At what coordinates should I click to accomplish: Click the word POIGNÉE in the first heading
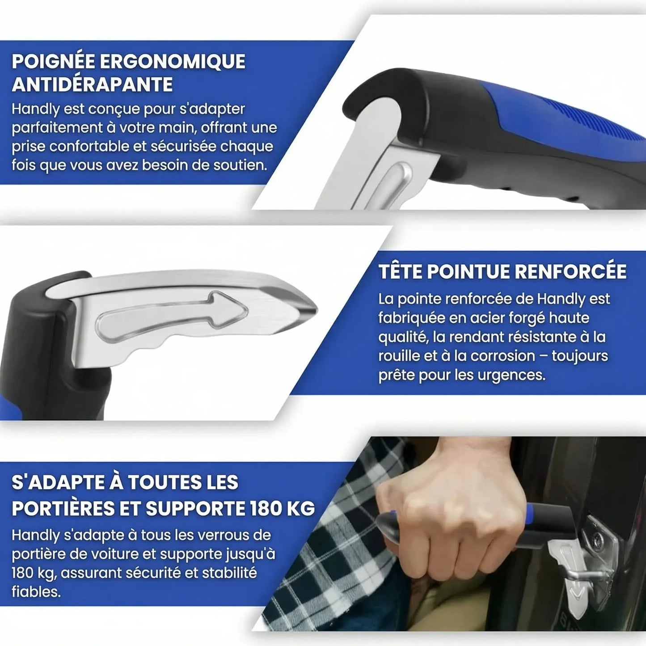click(x=52, y=62)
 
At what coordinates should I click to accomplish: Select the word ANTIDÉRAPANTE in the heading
click(x=92, y=85)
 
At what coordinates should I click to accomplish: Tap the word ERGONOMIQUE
click(x=172, y=62)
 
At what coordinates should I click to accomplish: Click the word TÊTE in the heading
click(x=399, y=272)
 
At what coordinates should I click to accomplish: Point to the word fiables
click(x=36, y=592)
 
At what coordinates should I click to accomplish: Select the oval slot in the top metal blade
click(x=393, y=183)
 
